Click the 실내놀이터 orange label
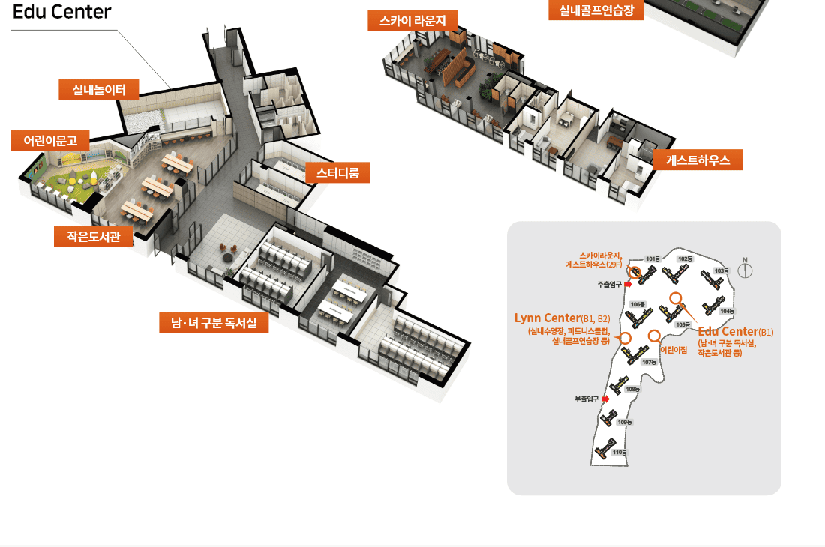(100, 90)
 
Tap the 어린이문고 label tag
(50, 140)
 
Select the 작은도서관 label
(94, 236)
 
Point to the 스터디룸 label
(337, 174)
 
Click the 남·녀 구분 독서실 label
(214, 323)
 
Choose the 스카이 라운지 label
(412, 21)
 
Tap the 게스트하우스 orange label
(697, 160)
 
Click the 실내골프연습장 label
(596, 10)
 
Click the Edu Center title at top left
(62, 12)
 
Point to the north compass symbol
(745, 269)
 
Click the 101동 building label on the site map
(652, 259)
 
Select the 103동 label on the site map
(721, 271)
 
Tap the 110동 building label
(619, 453)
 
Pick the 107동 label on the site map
(649, 362)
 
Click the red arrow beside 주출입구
(627, 285)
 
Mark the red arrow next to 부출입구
(605, 399)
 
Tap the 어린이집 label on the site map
(673, 350)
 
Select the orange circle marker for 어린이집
(654, 336)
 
